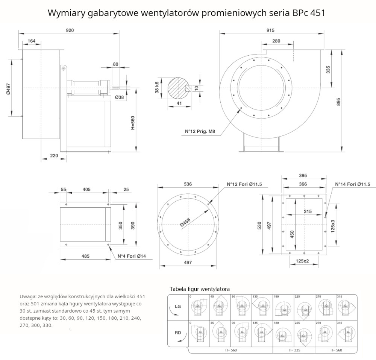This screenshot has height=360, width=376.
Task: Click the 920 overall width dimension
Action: tap(70, 30)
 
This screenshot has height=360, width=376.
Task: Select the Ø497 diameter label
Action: tap(8, 87)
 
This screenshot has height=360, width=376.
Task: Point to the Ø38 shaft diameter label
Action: tap(120, 97)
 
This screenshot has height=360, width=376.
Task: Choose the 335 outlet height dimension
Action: tap(328, 70)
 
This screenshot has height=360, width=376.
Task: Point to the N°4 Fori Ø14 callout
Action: tap(132, 257)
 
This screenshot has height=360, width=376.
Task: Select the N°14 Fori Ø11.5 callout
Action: tap(353, 184)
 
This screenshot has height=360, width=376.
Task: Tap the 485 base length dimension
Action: tap(85, 256)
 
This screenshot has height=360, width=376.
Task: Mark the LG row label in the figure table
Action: tap(178, 307)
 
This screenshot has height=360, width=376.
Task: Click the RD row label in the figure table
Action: tap(178, 333)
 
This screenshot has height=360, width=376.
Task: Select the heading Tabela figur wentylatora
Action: tap(200, 289)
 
